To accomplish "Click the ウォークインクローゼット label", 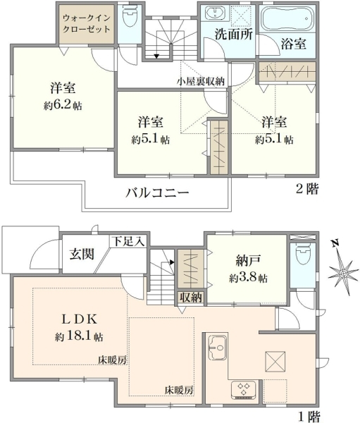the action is click(86, 23).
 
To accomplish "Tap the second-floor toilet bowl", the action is click(130, 17).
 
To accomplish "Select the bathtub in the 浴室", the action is click(287, 18).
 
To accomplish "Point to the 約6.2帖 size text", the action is click(63, 105).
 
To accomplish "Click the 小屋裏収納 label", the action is click(201, 81).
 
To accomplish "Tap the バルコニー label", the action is click(157, 192).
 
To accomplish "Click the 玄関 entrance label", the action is click(82, 254).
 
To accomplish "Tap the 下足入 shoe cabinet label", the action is click(128, 241).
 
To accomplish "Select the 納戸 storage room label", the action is click(248, 260).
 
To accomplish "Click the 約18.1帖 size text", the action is click(79, 336).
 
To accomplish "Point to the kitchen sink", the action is click(217, 348).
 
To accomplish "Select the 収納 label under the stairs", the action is click(191, 298).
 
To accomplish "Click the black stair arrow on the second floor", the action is click(156, 56).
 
